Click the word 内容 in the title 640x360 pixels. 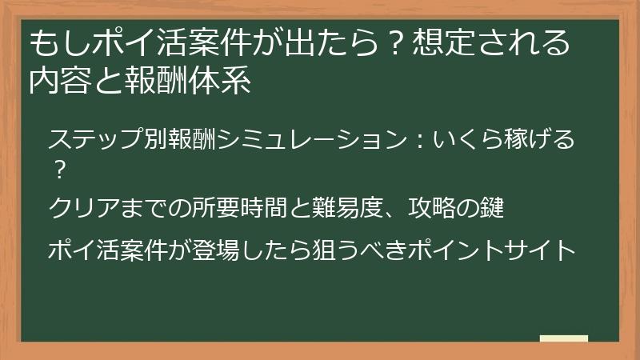(58, 82)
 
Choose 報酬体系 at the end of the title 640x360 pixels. (189, 82)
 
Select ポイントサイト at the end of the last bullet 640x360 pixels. (497, 250)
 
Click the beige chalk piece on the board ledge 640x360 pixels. (564, 338)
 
